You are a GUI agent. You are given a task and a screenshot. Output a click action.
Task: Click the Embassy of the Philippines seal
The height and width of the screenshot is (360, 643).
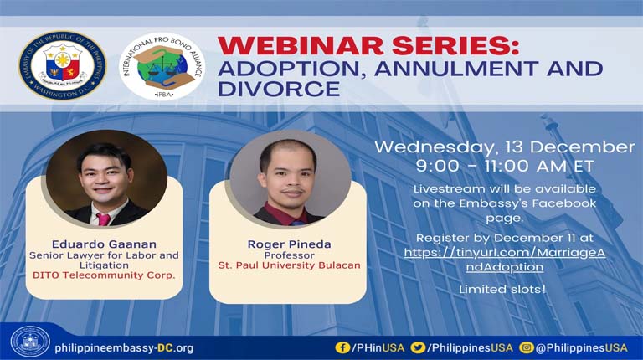63,66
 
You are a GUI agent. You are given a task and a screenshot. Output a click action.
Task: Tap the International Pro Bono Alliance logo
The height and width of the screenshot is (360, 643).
162,66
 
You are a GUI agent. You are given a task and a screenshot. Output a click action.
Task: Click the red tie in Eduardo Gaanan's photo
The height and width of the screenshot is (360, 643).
104,219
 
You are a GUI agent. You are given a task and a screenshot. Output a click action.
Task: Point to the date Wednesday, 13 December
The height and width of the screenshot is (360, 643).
504,147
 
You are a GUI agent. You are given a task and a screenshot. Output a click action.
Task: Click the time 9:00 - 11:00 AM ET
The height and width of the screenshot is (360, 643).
504,166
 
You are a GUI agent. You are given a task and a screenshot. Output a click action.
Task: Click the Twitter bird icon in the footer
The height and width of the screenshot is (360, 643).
417,347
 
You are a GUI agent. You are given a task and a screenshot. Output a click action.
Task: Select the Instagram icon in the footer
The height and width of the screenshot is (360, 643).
526,347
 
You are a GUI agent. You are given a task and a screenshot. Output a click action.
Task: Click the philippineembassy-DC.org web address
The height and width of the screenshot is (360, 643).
124,347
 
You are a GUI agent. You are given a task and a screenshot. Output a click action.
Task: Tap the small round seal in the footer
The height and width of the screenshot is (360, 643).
30,342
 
